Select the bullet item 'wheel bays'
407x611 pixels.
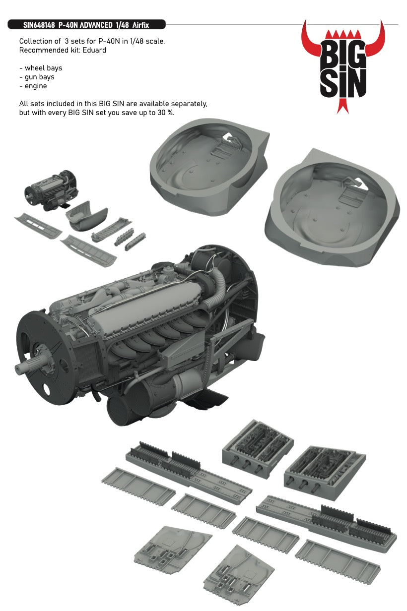pyautogui.click(x=42, y=68)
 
